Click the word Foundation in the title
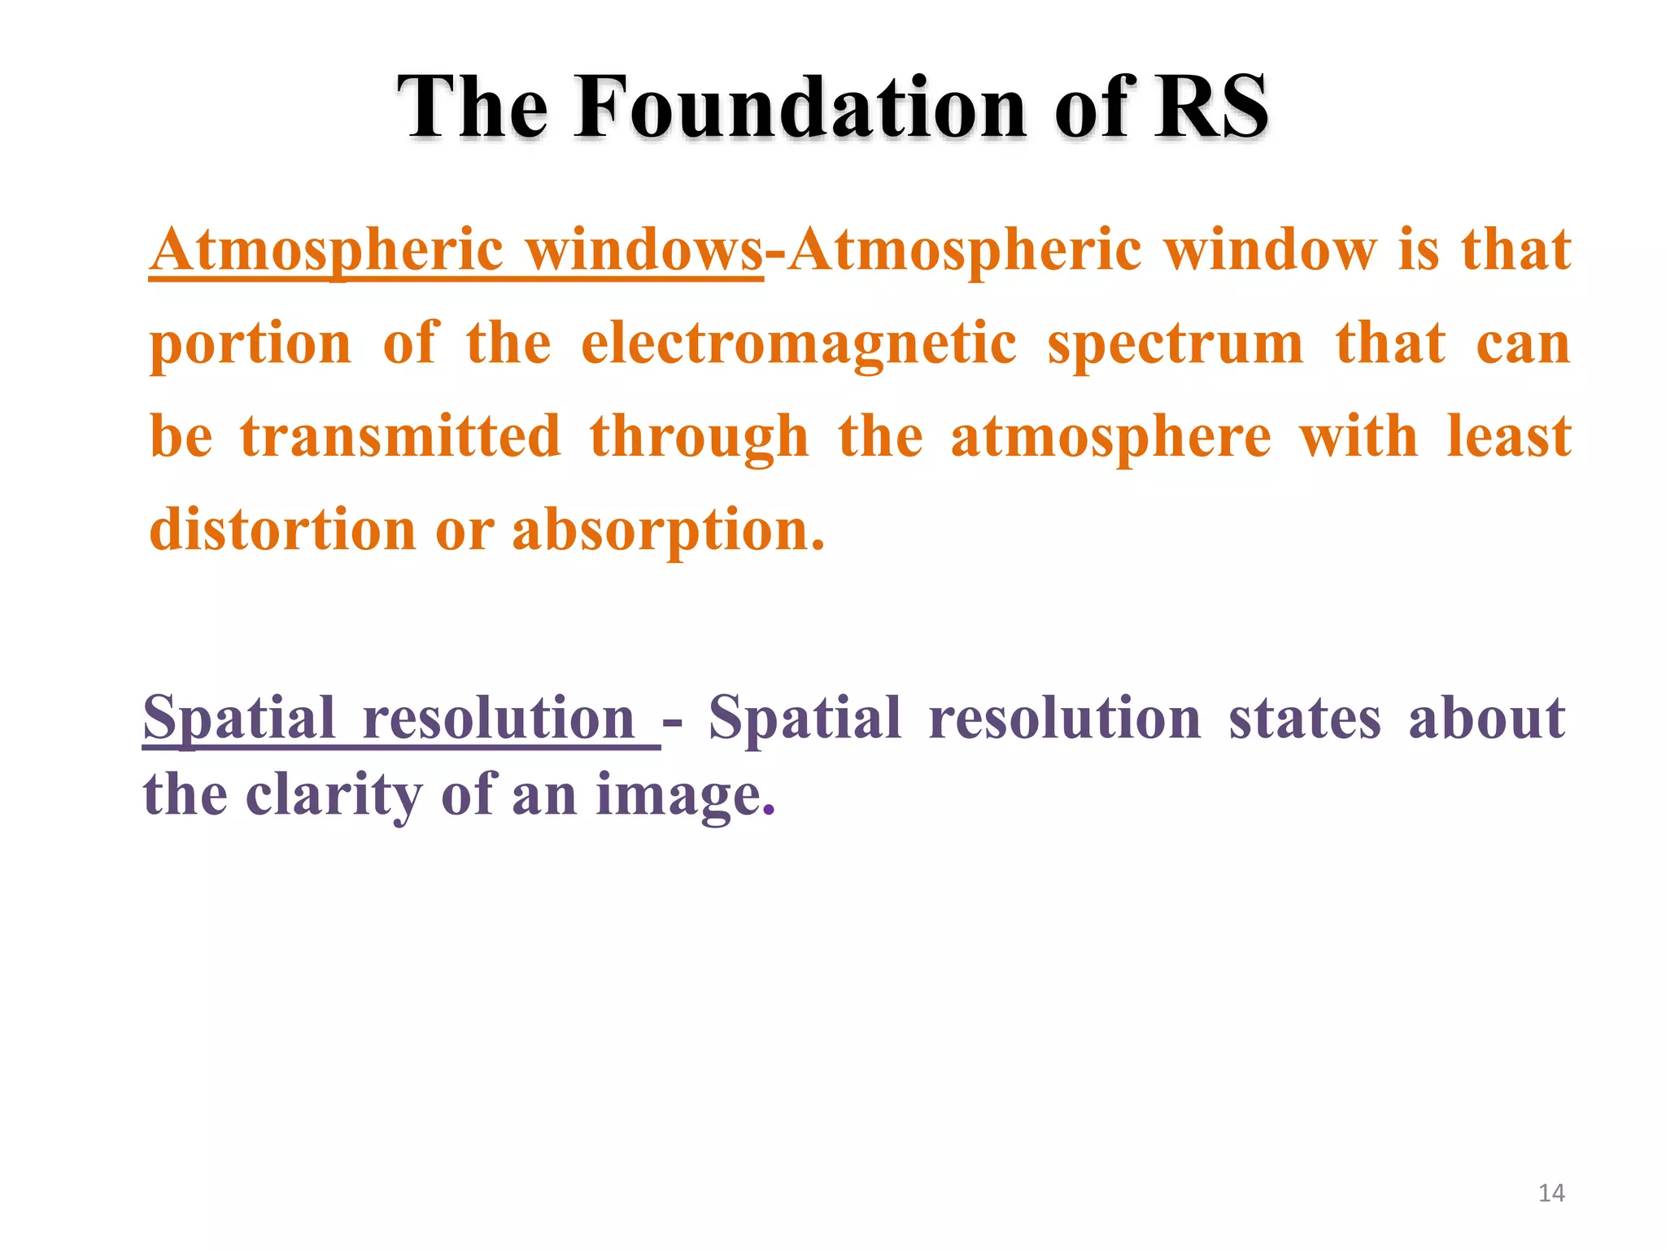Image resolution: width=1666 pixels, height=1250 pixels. (800, 107)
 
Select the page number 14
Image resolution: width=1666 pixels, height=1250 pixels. (1551, 1193)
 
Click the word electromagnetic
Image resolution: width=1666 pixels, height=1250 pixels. (799, 343)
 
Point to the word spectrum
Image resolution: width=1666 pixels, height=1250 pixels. (1175, 343)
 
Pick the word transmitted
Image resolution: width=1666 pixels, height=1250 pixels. (400, 437)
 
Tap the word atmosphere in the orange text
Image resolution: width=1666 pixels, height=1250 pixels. (1110, 438)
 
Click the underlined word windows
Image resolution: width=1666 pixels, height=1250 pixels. (644, 250)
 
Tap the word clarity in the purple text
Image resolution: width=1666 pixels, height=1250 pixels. (334, 795)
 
